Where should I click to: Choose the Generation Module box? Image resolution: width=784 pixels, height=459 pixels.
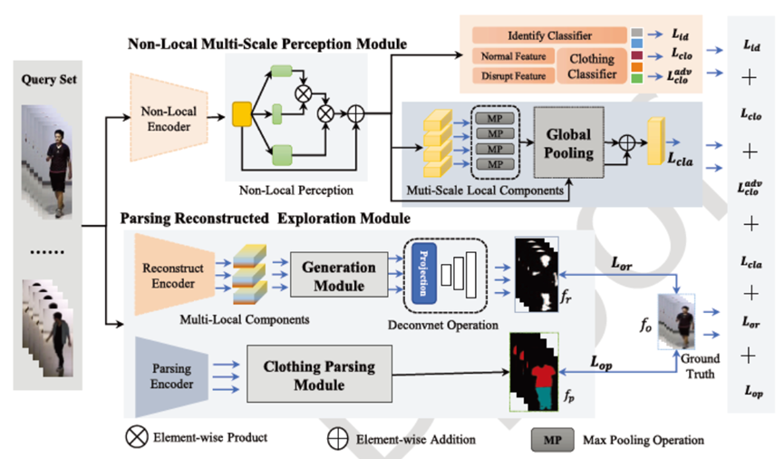coord(337,276)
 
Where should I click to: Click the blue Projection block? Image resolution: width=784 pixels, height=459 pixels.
coord(422,271)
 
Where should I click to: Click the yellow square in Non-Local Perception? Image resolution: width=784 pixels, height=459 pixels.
coord(242,114)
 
